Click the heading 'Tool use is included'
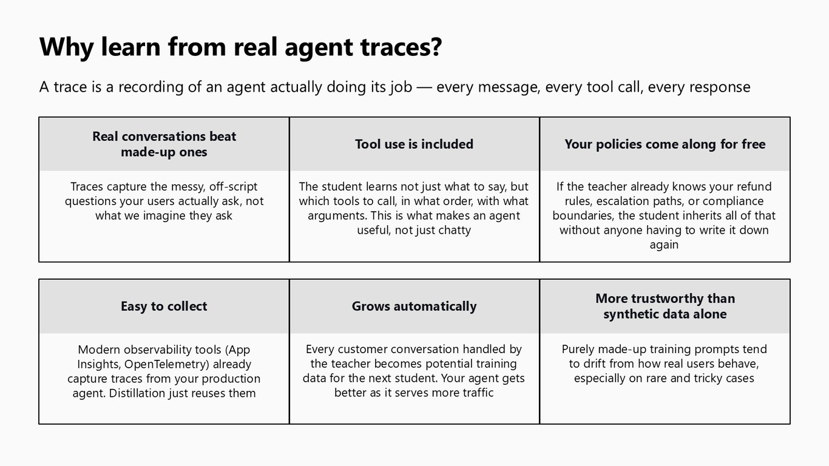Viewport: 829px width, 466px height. tap(414, 144)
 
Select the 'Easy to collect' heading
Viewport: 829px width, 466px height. tap(164, 306)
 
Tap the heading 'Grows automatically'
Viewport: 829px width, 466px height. tap(414, 306)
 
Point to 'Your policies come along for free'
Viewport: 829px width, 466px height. tap(665, 144)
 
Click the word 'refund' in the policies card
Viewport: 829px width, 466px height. tap(753, 186)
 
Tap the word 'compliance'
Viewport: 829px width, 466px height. tap(733, 201)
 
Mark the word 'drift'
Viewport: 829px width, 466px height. tap(595, 363)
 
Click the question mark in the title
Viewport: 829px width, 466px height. tap(436, 47)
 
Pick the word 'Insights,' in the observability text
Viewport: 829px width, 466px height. tap(99, 364)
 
